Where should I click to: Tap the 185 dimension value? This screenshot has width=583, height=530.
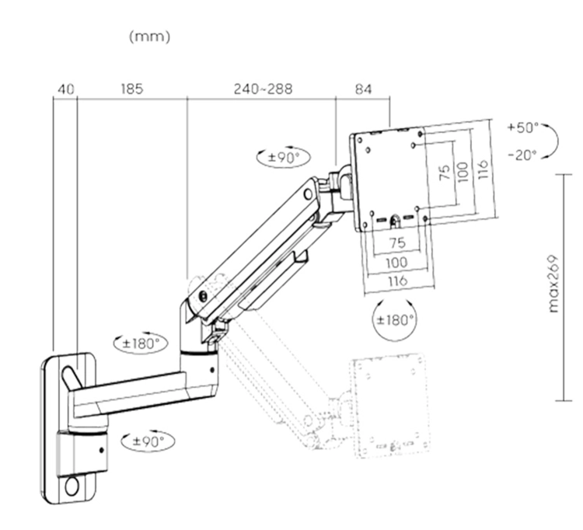click(x=131, y=89)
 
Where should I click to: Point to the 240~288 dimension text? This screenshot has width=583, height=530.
click(x=263, y=89)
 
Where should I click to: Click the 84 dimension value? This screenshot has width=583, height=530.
click(x=363, y=89)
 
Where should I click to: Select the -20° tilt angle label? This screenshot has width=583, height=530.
click(x=522, y=155)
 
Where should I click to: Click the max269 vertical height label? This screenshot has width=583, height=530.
click(x=554, y=283)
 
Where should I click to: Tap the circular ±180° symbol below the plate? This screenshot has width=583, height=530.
click(x=395, y=319)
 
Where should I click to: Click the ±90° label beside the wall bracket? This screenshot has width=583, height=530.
click(x=148, y=441)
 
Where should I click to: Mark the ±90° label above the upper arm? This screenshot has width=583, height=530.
click(x=283, y=156)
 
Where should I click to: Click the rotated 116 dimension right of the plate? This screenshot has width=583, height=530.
click(x=483, y=168)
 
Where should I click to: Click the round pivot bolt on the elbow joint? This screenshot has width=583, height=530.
click(x=203, y=295)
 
